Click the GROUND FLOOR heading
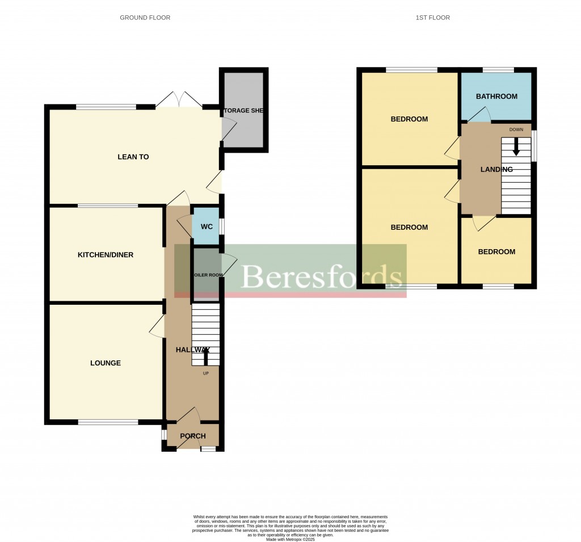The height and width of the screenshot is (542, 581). pos(145,18)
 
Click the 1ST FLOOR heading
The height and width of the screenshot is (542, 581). pos(432,18)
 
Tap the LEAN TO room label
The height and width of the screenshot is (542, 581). pos(133,157)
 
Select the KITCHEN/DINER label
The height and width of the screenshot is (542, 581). pos(106,255)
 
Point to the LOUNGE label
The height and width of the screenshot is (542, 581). pos(106,363)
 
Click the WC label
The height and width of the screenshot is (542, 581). pos(207,227)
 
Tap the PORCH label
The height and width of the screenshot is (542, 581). pos(193,436)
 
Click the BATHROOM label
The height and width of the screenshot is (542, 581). pos(496,96)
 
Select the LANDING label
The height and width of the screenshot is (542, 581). pos(496,170)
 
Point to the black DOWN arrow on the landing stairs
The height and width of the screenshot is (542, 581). pos(516,147)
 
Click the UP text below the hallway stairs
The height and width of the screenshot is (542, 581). pos(205,373)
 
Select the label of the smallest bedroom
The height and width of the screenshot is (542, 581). pos(496,252)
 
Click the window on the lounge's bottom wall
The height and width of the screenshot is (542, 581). pos(108,422)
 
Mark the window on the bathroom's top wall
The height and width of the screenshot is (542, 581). pos(498,70)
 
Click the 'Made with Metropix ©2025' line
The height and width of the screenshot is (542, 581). pos(290,540)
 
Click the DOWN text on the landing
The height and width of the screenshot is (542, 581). pos(516,129)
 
